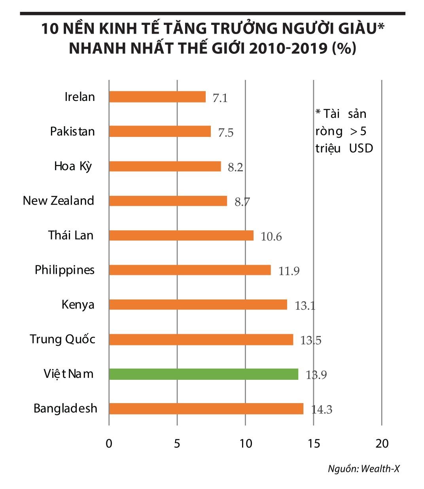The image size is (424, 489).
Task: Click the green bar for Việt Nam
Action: (203, 374)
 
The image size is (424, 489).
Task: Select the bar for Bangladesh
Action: (206, 409)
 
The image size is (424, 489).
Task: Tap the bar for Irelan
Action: (157, 97)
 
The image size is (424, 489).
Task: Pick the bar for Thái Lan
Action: (181, 235)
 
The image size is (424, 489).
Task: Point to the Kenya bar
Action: (198, 305)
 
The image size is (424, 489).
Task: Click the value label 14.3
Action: (322, 409)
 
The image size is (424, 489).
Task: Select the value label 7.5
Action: (225, 133)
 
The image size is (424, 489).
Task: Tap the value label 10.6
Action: (271, 237)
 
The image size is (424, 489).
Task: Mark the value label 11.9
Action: (289, 271)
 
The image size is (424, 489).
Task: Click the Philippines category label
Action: (65, 270)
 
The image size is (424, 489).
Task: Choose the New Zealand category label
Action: (59, 201)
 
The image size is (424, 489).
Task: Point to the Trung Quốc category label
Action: (62, 339)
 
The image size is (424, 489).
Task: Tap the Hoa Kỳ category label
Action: (73, 166)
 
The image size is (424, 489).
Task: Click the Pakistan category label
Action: (72, 131)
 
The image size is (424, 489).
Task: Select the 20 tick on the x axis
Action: (382, 444)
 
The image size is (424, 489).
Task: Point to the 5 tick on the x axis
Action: (177, 444)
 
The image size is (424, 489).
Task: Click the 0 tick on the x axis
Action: (109, 444)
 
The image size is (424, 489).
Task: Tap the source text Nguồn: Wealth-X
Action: (364, 469)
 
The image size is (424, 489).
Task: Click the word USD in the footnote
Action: (361, 148)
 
